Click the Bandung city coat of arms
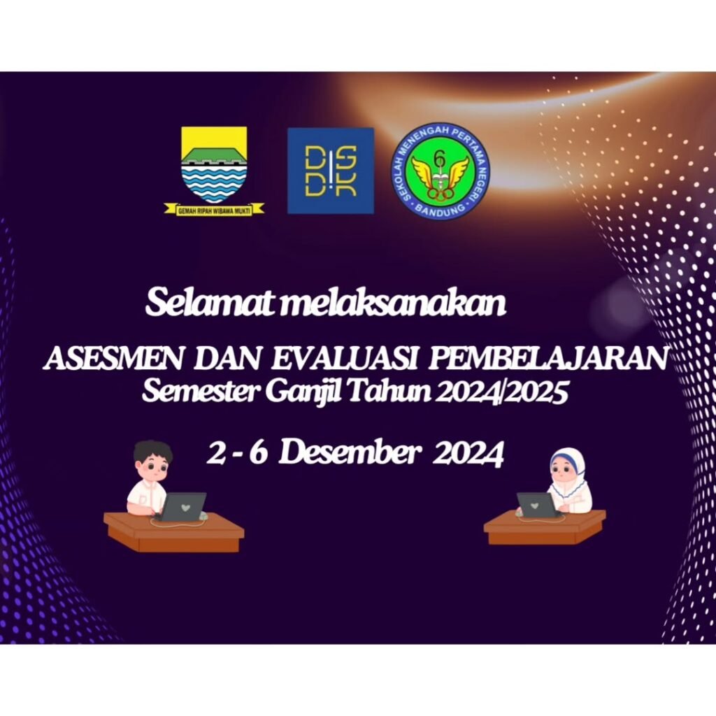tap(214, 171)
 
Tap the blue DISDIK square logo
tap(331, 171)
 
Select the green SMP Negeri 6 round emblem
tap(440, 172)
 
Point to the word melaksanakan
tap(392, 302)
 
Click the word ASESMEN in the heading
tap(116, 359)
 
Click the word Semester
tap(201, 391)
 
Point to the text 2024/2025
tap(502, 392)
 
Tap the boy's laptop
tap(182, 507)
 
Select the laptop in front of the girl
tap(538, 505)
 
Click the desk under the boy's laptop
tap(174, 532)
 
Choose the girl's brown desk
tap(545, 527)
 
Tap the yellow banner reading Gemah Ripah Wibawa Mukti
tap(214, 210)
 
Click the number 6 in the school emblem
tap(439, 159)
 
